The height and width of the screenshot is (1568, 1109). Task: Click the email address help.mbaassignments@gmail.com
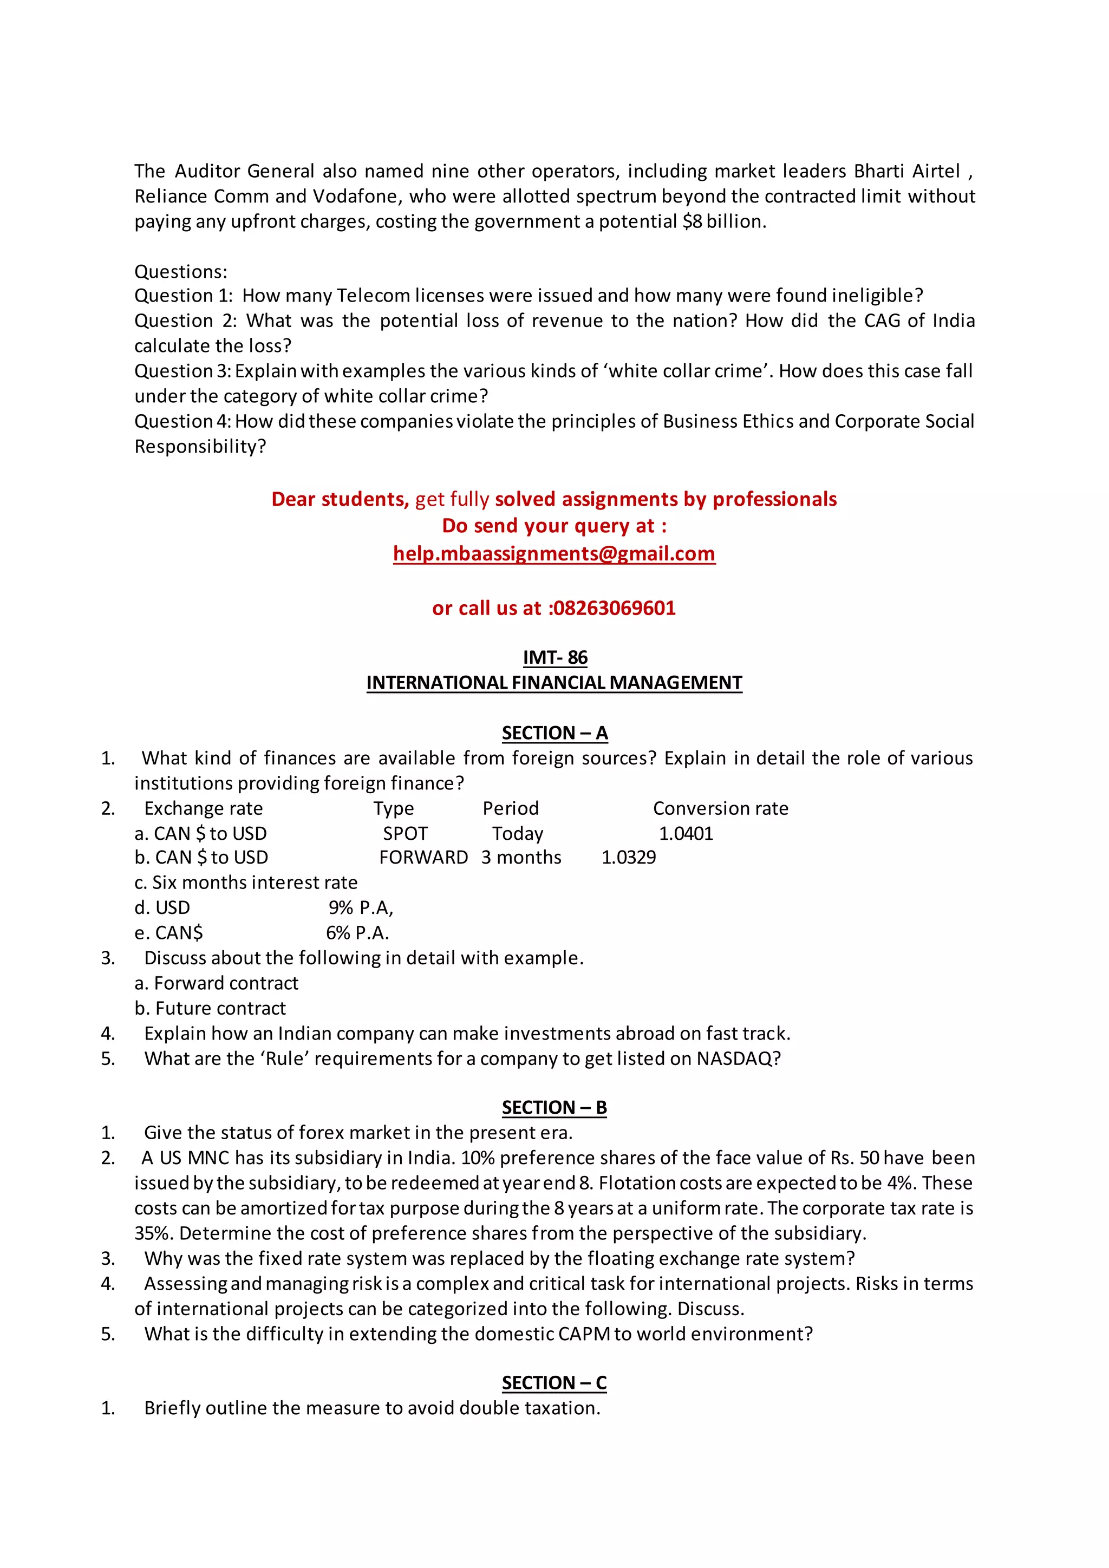(554, 553)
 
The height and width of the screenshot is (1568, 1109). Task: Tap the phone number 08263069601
(614, 608)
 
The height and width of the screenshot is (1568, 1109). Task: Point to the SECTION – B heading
(554, 1107)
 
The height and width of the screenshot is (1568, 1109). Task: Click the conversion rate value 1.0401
(686, 833)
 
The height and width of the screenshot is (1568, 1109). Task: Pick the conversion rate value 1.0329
(628, 857)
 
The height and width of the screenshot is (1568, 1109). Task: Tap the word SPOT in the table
(405, 833)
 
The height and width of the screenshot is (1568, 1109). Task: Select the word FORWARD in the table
(423, 857)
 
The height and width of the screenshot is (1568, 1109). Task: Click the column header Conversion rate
(720, 808)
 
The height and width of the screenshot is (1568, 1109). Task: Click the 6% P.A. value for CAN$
(357, 933)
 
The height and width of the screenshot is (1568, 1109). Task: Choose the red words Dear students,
(340, 499)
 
